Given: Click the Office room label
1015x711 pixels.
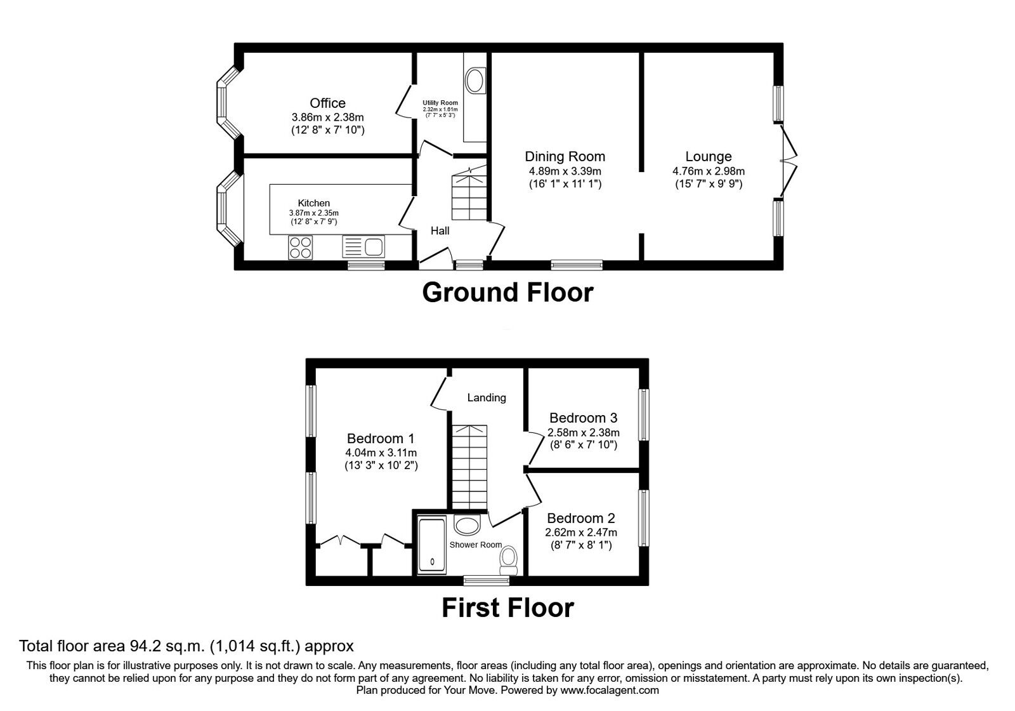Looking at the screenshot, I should [327, 103].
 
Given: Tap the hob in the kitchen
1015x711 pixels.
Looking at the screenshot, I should [300, 247].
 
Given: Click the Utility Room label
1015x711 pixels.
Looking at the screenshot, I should [440, 103].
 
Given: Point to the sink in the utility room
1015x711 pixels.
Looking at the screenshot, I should [474, 81].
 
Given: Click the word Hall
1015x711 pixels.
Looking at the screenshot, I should [440, 230].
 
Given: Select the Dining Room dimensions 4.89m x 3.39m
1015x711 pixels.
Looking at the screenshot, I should [565, 171].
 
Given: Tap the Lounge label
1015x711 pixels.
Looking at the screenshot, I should [708, 156].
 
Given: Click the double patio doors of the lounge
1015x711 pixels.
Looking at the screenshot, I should [787, 160].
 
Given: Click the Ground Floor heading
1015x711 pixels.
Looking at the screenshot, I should [507, 293].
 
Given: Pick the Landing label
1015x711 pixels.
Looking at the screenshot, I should [487, 397].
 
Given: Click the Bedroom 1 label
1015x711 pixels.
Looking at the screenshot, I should [381, 438].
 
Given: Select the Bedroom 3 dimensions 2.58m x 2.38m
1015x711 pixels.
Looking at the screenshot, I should [583, 432].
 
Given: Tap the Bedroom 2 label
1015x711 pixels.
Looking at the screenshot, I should [580, 518].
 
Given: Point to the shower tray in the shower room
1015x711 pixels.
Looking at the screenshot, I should [433, 544].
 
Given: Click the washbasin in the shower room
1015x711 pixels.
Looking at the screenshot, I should [468, 526].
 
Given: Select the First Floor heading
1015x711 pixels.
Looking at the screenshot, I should [507, 608].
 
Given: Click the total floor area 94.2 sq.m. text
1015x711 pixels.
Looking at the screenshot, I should [186, 646].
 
